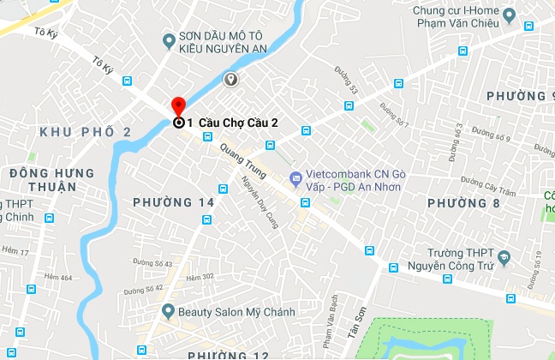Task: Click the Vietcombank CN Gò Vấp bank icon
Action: pyautogui.click(x=295, y=178)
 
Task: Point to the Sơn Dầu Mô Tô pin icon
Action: pyautogui.click(x=170, y=39)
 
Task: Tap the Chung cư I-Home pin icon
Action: pyautogui.click(x=510, y=15)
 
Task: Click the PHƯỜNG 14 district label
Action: pyautogui.click(x=174, y=202)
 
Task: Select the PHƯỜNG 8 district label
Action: pyautogui.click(x=463, y=203)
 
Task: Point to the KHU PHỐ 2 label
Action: pyautogui.click(x=86, y=131)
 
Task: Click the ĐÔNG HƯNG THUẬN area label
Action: pyautogui.click(x=43, y=179)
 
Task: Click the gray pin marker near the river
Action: pyautogui.click(x=230, y=80)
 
